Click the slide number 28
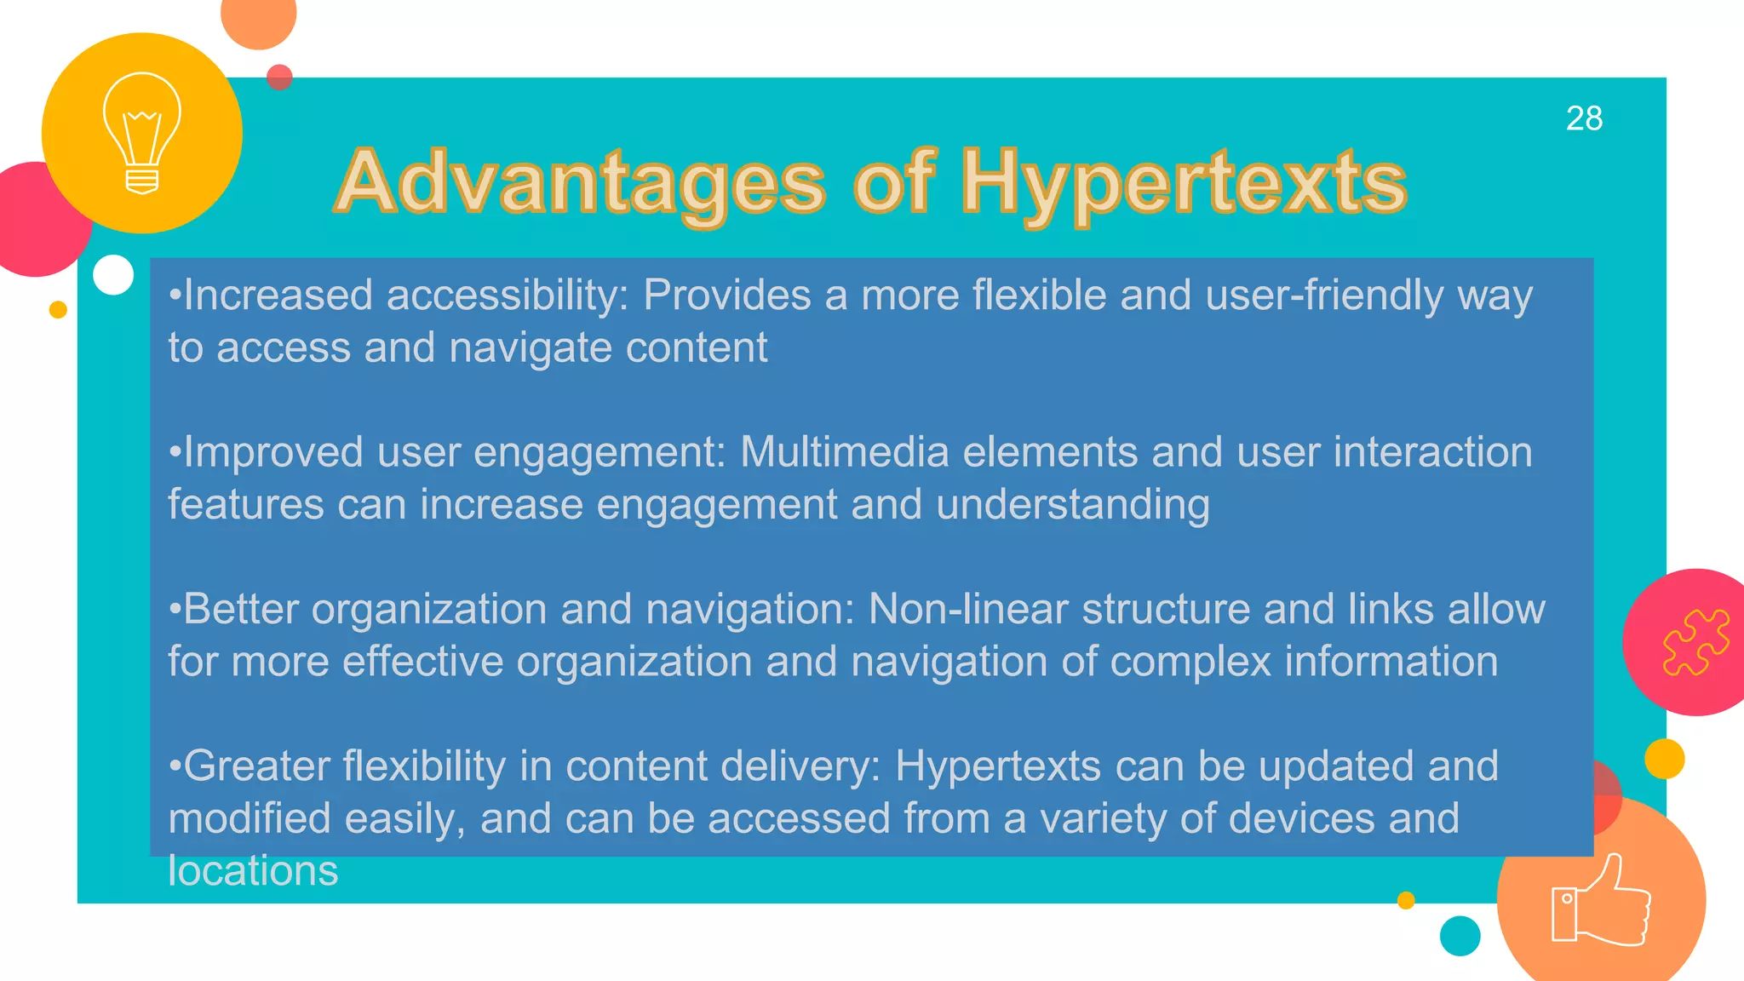[x=1584, y=118]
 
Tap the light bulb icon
[x=142, y=133]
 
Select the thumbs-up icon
[x=1600, y=902]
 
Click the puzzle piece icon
[x=1695, y=642]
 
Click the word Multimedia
[x=844, y=452]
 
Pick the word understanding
[x=1072, y=505]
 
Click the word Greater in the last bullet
[x=256, y=766]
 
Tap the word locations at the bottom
[x=253, y=871]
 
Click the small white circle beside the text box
[x=113, y=275]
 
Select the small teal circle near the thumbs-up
[x=1460, y=936]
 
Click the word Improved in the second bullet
[x=273, y=452]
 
